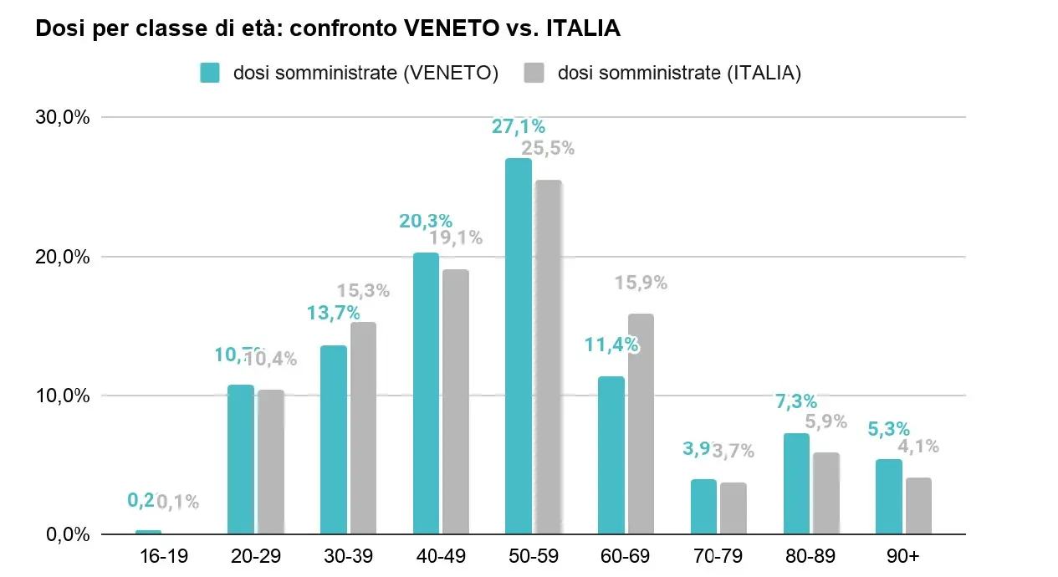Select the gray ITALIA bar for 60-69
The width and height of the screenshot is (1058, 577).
click(x=641, y=424)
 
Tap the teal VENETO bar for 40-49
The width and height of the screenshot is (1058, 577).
click(x=426, y=393)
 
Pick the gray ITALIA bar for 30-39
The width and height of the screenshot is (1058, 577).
click(x=363, y=428)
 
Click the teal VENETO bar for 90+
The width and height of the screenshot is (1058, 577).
click(x=889, y=497)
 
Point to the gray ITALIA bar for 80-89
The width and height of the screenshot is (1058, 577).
click(x=825, y=493)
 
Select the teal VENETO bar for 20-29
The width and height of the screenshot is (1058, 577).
click(x=241, y=459)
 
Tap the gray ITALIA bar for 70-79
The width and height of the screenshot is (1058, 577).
click(x=733, y=508)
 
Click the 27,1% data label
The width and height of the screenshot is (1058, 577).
click(x=519, y=127)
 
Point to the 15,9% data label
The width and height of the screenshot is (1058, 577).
click(x=641, y=283)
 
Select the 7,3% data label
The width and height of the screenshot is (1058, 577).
click(x=796, y=401)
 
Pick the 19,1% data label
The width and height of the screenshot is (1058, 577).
click(x=456, y=238)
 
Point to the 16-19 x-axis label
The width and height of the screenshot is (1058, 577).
click(x=148, y=557)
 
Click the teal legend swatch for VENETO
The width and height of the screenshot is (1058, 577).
click(x=210, y=73)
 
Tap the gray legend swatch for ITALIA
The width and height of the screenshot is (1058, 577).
click(x=534, y=73)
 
